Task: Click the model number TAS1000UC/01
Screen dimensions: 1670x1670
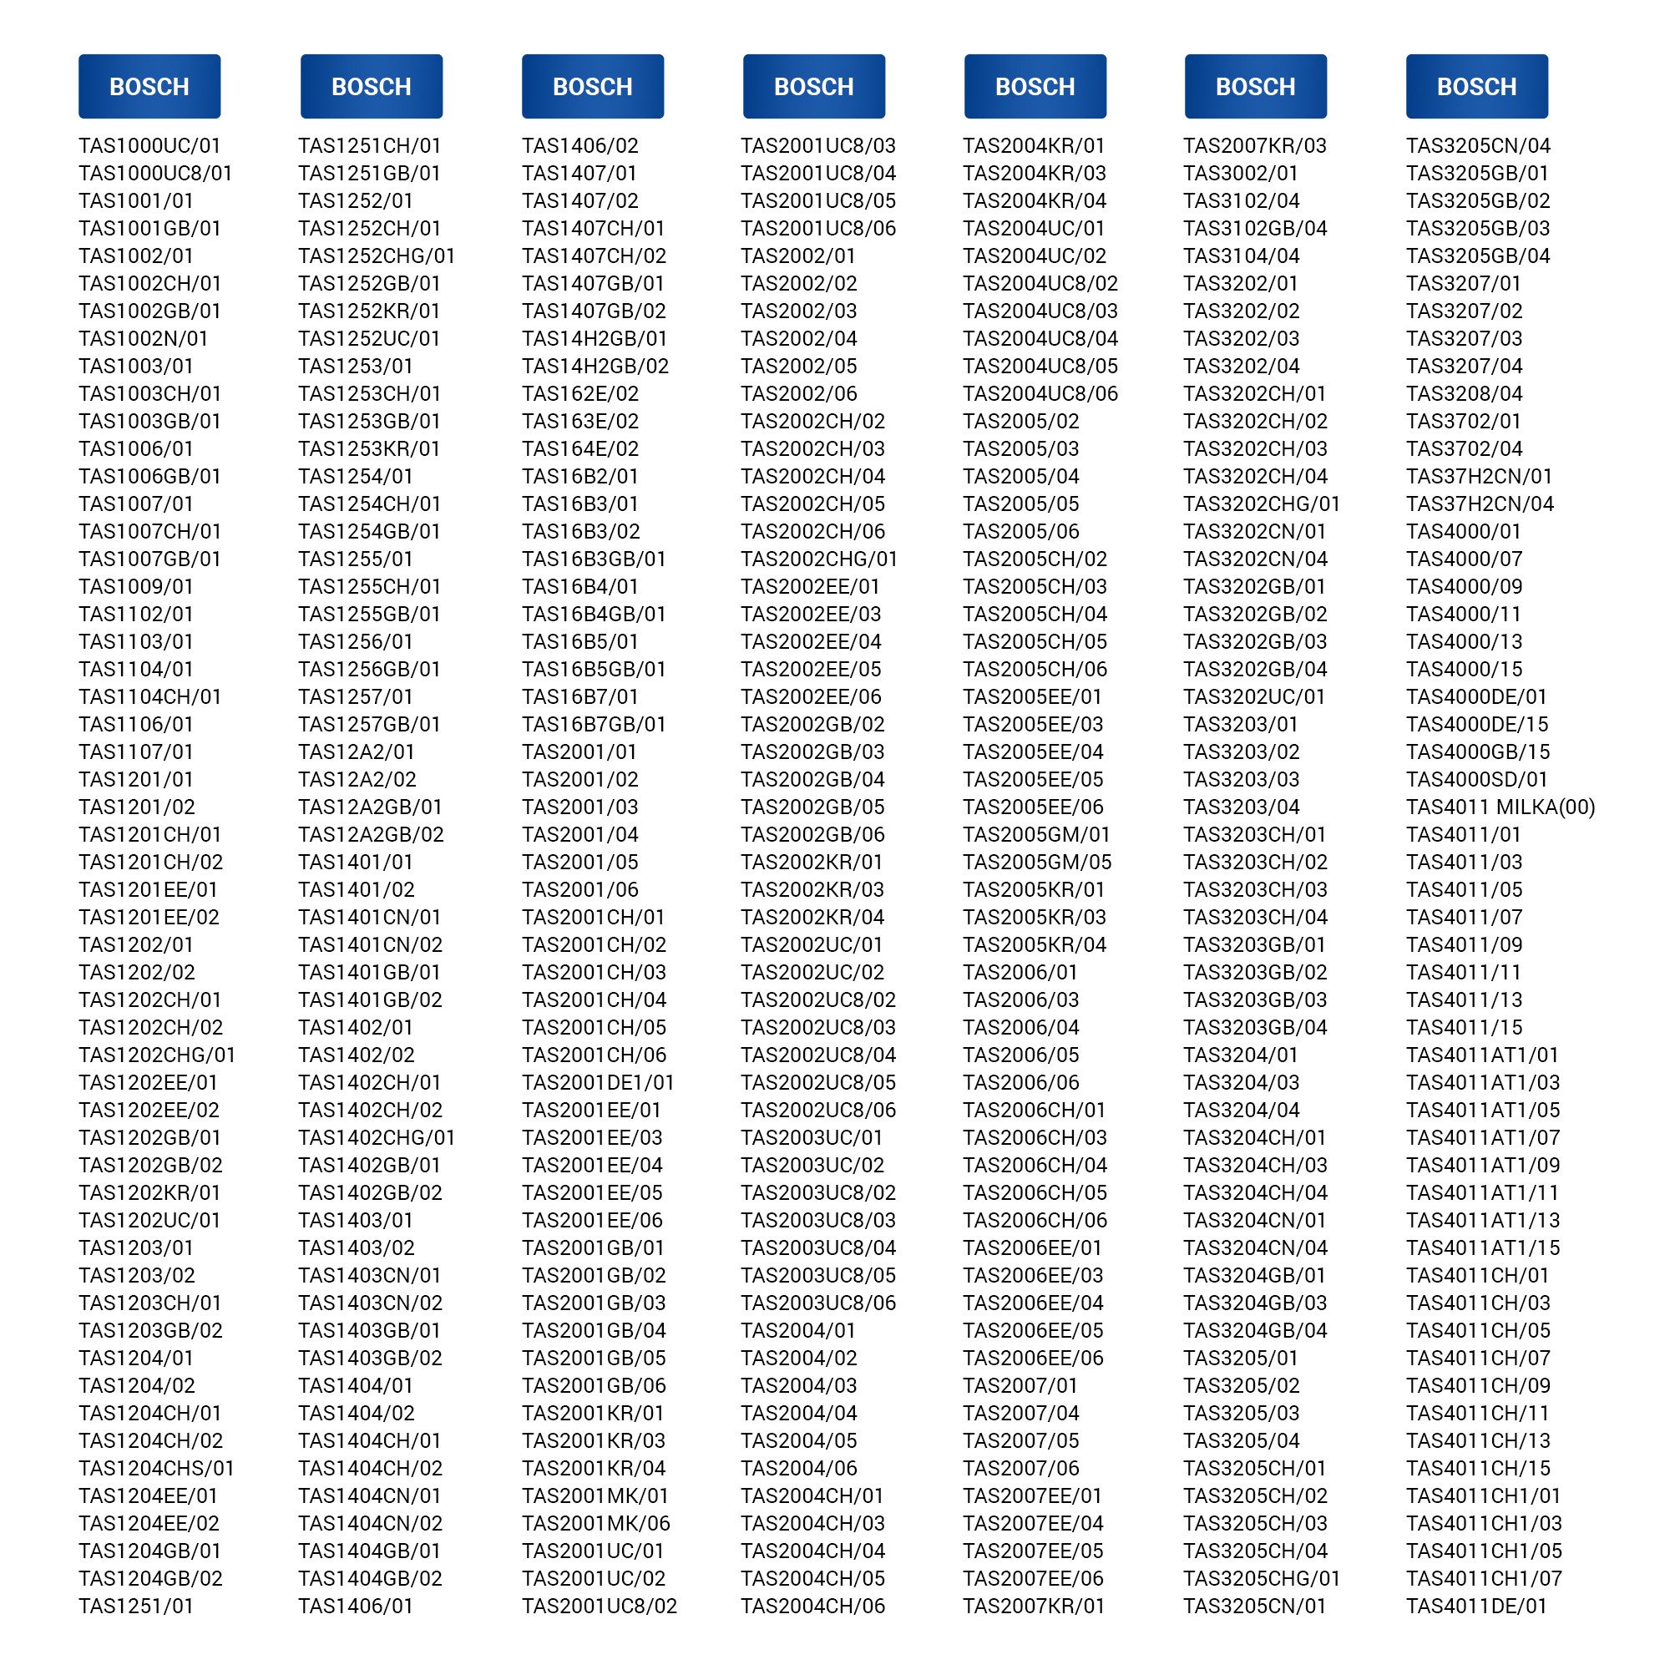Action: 149,146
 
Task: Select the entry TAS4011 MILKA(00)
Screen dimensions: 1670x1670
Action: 1500,807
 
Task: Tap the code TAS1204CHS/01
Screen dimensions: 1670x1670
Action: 156,1469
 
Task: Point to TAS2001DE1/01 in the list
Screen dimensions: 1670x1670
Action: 597,1083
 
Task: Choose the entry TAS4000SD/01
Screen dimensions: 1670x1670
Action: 1476,780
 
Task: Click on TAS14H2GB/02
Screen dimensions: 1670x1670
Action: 595,367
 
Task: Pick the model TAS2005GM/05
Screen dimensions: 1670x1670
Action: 1036,863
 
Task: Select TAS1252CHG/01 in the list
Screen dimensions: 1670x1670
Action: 376,256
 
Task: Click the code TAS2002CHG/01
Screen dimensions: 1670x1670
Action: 818,559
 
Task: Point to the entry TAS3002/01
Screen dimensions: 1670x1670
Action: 1241,174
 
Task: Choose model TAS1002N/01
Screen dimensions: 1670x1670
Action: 144,339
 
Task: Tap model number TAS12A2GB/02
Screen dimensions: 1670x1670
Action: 371,835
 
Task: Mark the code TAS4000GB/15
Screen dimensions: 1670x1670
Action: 1477,752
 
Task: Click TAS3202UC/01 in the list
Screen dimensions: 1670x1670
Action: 1253,696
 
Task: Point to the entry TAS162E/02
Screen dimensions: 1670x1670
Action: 580,394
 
